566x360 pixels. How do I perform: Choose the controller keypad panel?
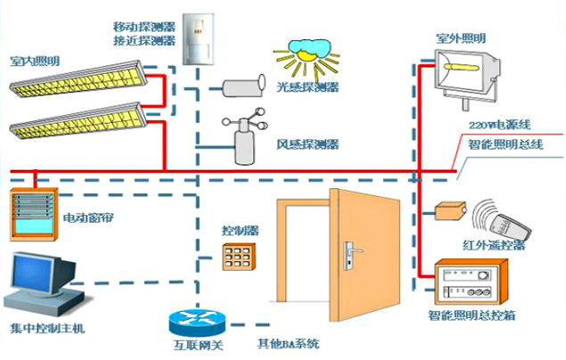[240, 257]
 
